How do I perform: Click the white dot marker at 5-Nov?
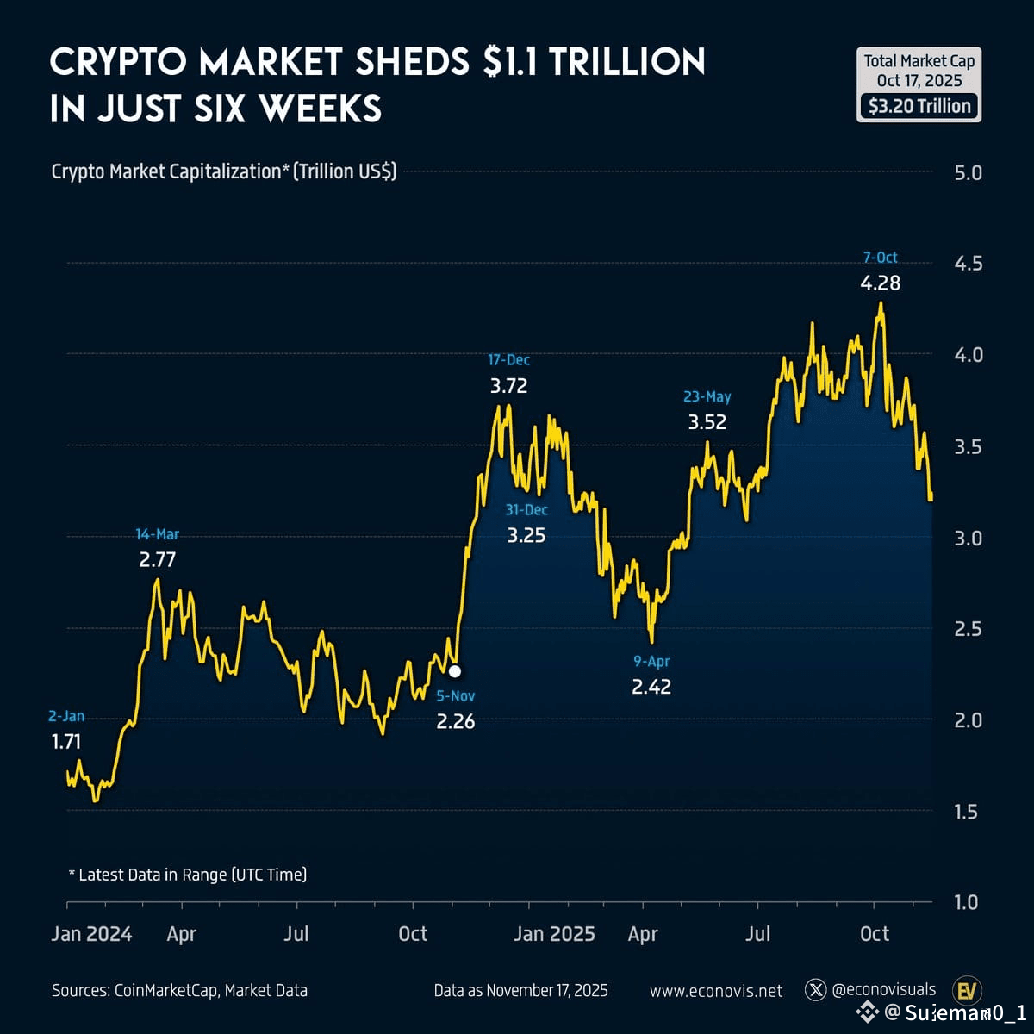click(x=455, y=670)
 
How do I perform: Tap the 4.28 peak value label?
click(x=880, y=283)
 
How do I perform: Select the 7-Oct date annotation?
click(x=880, y=257)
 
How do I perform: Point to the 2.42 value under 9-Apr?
click(x=651, y=687)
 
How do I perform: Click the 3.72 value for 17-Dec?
click(x=508, y=385)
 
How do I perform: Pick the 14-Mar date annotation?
click(x=158, y=534)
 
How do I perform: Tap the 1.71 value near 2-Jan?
click(x=66, y=741)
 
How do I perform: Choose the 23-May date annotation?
click(x=707, y=396)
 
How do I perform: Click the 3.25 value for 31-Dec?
click(x=526, y=535)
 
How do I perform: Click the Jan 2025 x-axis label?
click(x=554, y=934)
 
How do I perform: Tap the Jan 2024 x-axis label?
click(x=91, y=934)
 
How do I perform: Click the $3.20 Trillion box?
click(x=919, y=106)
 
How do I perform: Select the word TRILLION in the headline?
click(x=627, y=62)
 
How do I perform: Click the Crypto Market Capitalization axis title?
click(x=224, y=171)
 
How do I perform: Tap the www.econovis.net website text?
click(x=716, y=991)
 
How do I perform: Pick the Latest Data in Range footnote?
click(x=187, y=875)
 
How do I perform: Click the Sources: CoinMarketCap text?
click(x=179, y=991)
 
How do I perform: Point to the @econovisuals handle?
click(x=883, y=990)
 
